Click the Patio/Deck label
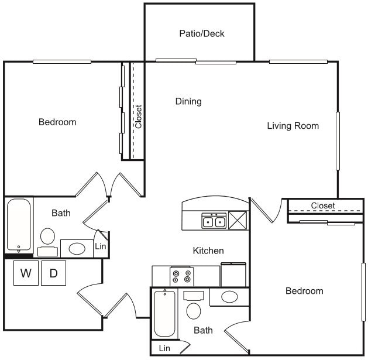[201, 33]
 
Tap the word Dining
[188, 101]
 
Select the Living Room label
[293, 125]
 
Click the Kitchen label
[208, 251]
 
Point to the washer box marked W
[26, 273]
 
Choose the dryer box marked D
[53, 273]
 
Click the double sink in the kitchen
[214, 221]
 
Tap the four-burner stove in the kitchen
[181, 276]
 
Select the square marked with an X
[238, 221]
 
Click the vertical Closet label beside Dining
[138, 116]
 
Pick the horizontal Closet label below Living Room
[323, 205]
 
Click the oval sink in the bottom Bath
[229, 297]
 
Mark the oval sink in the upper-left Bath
[77, 248]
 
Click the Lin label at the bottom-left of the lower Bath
[164, 349]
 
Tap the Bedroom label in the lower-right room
[304, 291]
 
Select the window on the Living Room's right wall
[338, 140]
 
